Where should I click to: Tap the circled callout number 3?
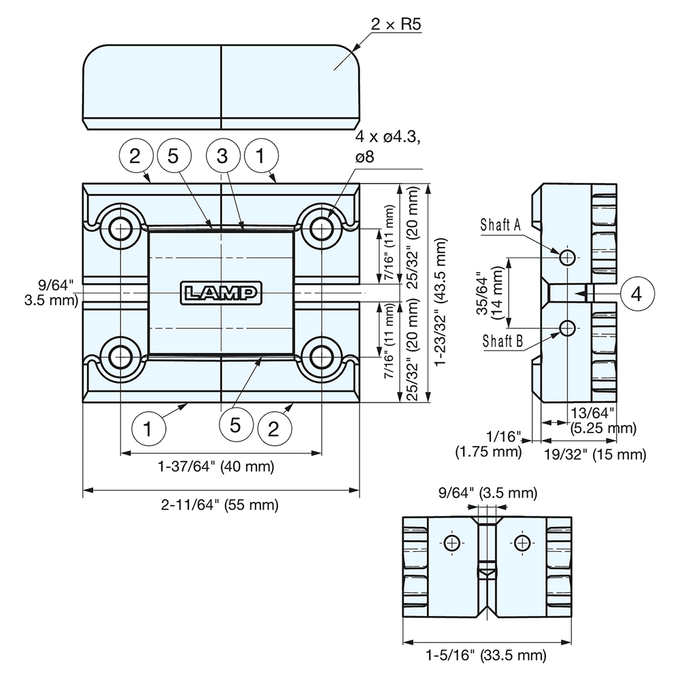(x=221, y=156)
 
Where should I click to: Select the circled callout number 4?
(x=636, y=294)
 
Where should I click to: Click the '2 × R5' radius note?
(x=396, y=25)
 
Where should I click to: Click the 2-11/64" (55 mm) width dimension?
(x=220, y=505)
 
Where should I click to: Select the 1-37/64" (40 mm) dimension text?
(x=216, y=466)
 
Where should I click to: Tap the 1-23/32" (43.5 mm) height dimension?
(x=442, y=292)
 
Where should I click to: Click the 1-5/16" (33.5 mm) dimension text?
(x=486, y=656)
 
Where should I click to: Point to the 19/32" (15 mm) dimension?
(x=594, y=454)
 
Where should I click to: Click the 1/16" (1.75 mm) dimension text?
(x=490, y=443)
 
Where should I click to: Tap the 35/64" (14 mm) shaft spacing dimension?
(x=488, y=292)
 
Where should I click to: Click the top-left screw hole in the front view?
(x=120, y=228)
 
